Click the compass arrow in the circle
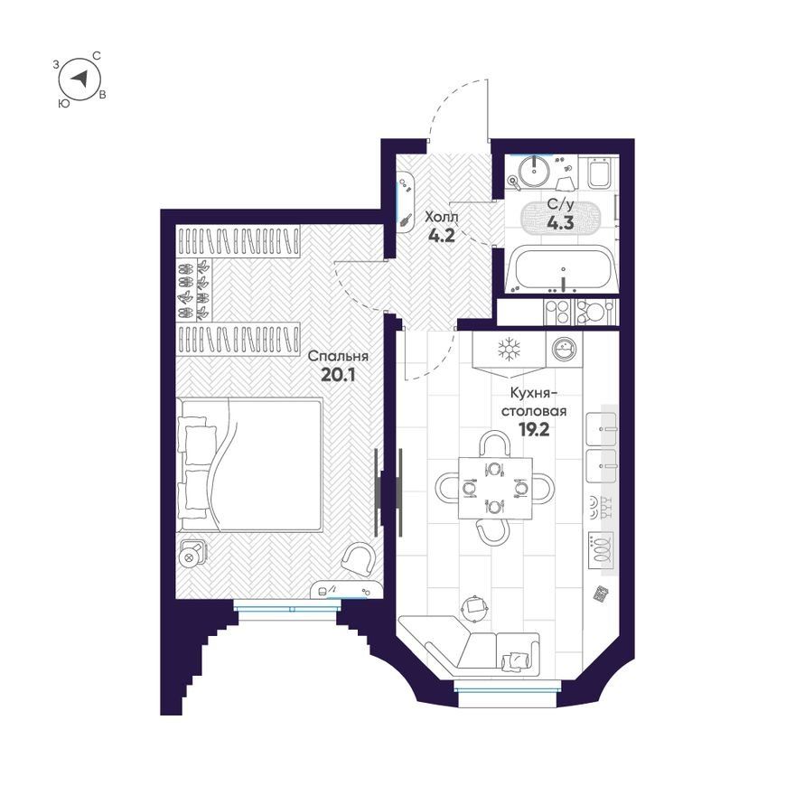80,79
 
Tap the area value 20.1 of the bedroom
338,375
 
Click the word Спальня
338,356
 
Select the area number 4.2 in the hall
441,235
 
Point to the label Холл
441,217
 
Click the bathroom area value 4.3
561,222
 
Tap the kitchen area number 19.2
534,429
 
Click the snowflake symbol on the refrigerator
509,350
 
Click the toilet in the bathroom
598,173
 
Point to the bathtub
562,269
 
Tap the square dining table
495,488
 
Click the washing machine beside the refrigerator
565,349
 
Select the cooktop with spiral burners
602,550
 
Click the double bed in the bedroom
250,465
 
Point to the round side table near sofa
475,607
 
